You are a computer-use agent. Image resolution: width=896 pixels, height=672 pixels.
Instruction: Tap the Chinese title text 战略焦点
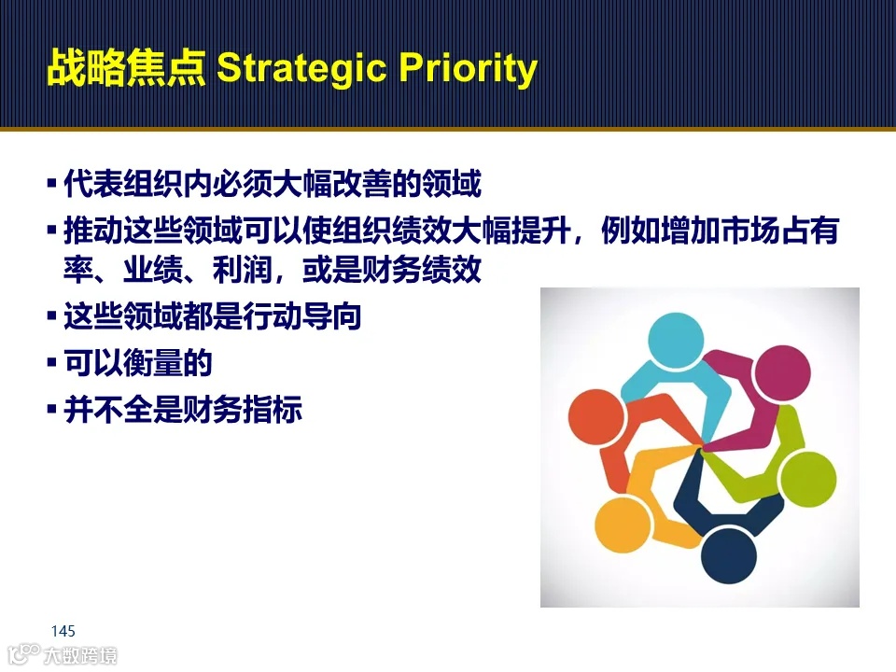125,71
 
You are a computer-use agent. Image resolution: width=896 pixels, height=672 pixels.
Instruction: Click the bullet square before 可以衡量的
52,362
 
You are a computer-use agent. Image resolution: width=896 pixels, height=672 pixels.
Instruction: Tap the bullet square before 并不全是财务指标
52,409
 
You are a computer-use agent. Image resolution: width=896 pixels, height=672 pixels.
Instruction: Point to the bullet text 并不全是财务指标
183,409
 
